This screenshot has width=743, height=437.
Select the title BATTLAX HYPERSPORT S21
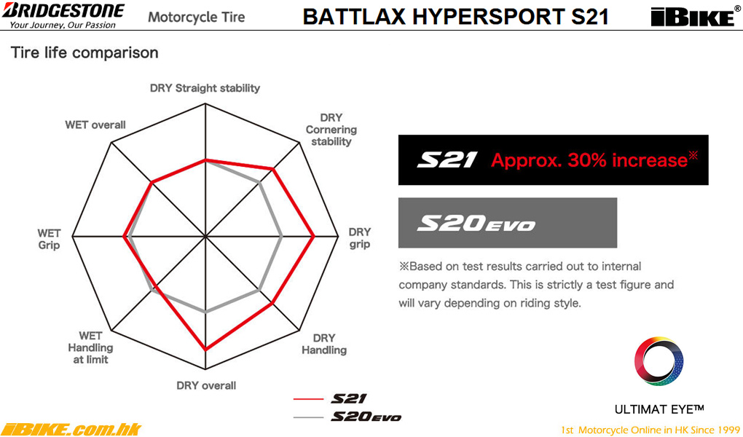point(455,16)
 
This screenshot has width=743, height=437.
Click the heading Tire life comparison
point(84,52)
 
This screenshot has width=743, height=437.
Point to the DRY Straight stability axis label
point(205,88)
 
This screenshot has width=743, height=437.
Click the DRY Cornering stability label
point(331,130)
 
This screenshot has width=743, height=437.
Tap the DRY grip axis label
point(360,238)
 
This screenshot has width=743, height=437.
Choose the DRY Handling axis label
point(324,344)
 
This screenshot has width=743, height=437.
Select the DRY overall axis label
point(206,385)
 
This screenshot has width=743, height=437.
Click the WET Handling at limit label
point(90,347)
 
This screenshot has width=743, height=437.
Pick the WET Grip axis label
point(50,239)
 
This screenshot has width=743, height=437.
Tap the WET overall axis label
point(95,125)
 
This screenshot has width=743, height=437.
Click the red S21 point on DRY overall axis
point(205,350)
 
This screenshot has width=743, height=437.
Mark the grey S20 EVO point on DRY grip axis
point(282,235)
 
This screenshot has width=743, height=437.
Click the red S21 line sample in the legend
point(308,399)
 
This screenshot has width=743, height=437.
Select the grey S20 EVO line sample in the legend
point(308,417)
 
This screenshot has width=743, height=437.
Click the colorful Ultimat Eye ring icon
point(659,361)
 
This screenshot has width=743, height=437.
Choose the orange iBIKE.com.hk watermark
point(71,430)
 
